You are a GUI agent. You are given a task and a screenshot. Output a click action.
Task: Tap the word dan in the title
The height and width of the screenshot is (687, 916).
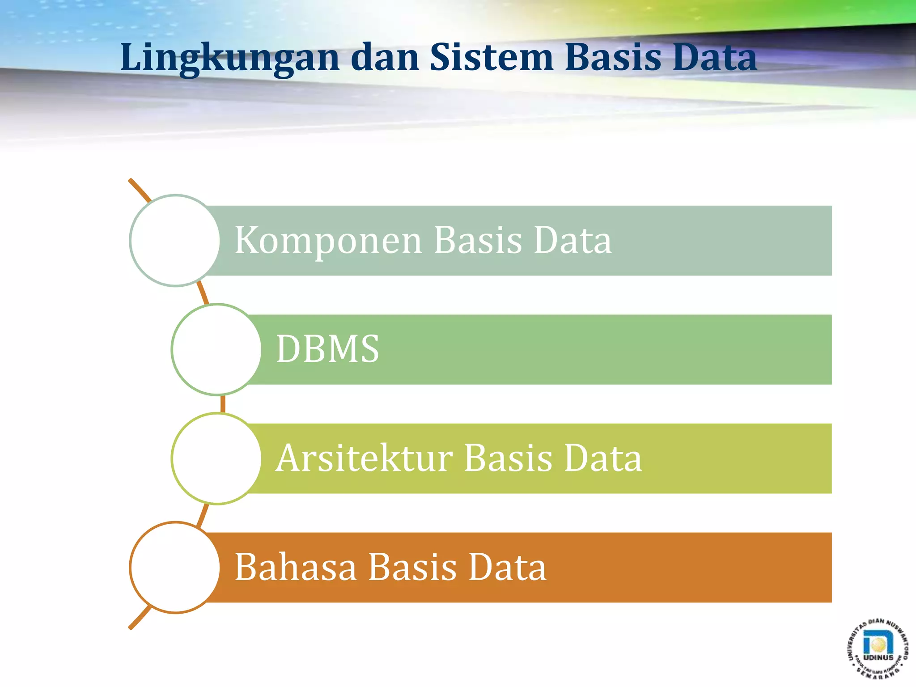385,57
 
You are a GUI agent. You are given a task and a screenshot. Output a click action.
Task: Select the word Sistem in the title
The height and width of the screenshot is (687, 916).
492,57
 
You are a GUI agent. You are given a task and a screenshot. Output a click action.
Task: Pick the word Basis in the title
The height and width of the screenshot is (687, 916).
613,57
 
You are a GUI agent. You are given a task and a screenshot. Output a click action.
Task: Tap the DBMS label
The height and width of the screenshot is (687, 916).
327,349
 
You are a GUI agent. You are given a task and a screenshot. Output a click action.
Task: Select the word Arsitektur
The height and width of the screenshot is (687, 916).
364,458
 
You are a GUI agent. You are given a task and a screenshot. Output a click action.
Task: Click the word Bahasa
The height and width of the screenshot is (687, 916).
295,568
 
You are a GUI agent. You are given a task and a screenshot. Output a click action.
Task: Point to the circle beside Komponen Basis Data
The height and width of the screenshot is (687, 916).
175,241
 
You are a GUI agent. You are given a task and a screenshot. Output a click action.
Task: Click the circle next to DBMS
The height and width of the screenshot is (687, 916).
216,349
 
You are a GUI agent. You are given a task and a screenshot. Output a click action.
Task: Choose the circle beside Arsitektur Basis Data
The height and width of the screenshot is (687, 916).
216,458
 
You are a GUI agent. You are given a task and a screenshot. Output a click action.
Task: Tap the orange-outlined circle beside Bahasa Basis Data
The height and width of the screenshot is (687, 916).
175,567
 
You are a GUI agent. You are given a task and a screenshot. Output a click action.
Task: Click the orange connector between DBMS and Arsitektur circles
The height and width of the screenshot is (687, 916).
223,404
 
